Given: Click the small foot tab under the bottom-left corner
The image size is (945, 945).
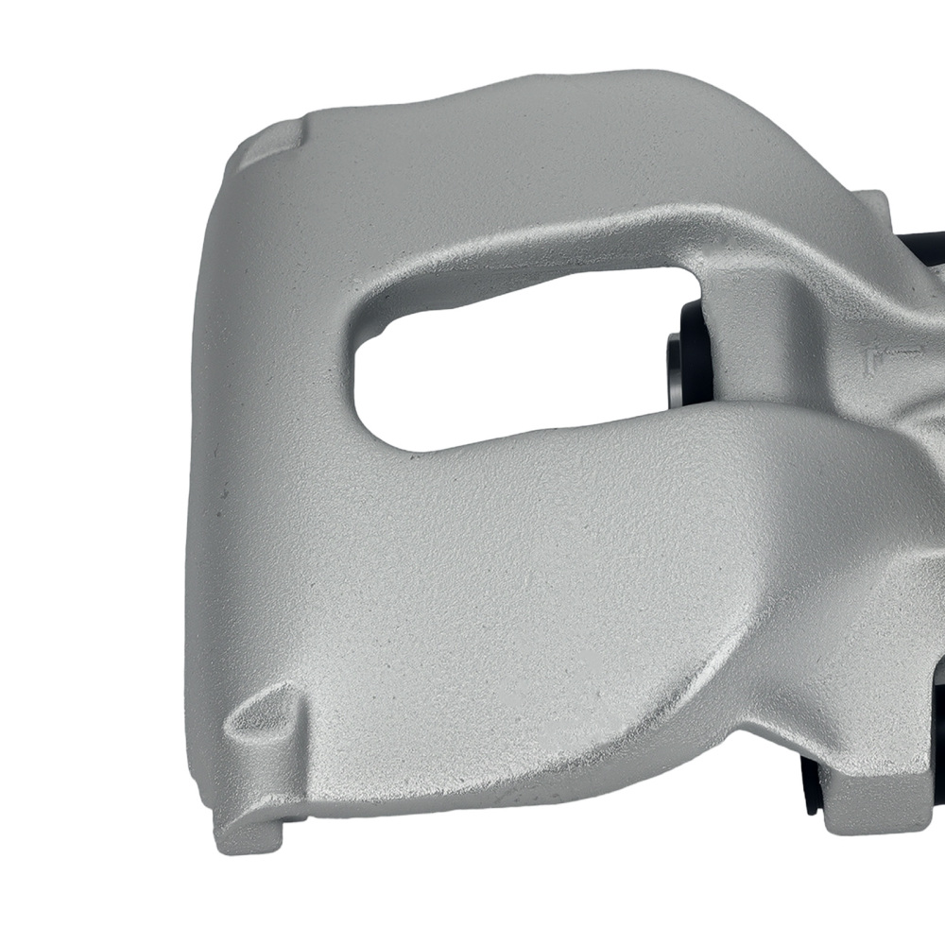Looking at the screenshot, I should point(255,832).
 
